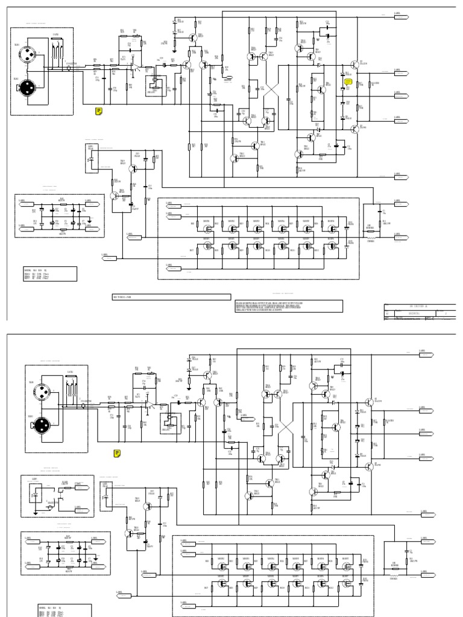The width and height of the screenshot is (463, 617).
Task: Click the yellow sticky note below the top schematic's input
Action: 98,111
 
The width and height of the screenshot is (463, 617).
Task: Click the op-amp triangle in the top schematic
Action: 137,69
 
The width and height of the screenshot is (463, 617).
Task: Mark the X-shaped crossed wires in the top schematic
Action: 270,92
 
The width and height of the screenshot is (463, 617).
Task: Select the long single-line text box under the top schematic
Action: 172,297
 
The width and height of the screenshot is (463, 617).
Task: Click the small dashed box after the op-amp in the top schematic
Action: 156,85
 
